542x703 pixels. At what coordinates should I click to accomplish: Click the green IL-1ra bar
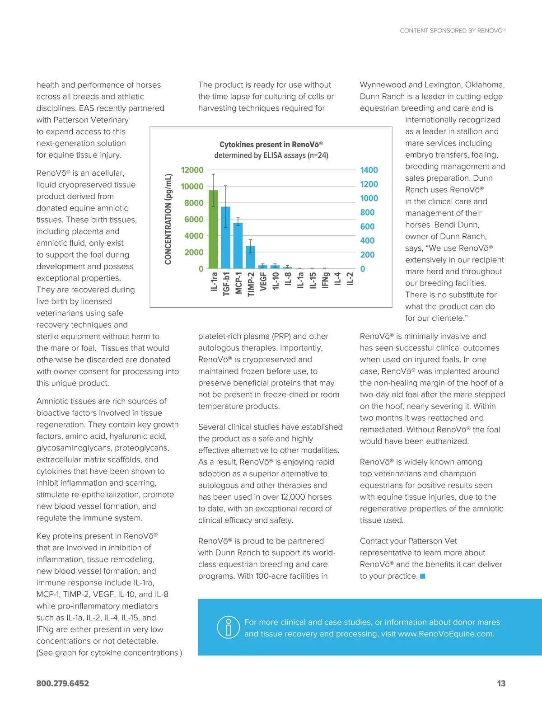tap(213, 230)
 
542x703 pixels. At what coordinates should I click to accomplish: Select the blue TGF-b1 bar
tap(225, 238)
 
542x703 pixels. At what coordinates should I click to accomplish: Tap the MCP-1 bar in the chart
tap(238, 246)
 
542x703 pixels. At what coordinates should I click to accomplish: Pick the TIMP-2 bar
tap(250, 257)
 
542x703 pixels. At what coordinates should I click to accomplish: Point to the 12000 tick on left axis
tap(192, 170)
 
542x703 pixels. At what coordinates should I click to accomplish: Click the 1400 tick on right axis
tap(369, 170)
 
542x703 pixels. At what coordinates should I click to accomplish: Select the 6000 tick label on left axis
tap(194, 220)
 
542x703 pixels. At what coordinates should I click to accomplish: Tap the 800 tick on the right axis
tap(367, 213)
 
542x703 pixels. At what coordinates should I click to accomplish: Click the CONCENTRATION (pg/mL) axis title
tap(168, 219)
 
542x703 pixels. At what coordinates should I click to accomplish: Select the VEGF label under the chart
tap(263, 281)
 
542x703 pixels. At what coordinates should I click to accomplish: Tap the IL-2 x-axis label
tap(350, 279)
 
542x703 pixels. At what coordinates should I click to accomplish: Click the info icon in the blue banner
tap(228, 628)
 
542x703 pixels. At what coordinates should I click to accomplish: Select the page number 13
tap(501, 684)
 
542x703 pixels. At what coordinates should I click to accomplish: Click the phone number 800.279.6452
tap(63, 684)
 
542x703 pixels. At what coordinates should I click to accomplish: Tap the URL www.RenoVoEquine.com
tap(446, 634)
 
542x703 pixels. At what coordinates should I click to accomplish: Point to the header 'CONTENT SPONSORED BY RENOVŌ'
tap(453, 31)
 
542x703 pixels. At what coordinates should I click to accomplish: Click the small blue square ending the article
tap(423, 576)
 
